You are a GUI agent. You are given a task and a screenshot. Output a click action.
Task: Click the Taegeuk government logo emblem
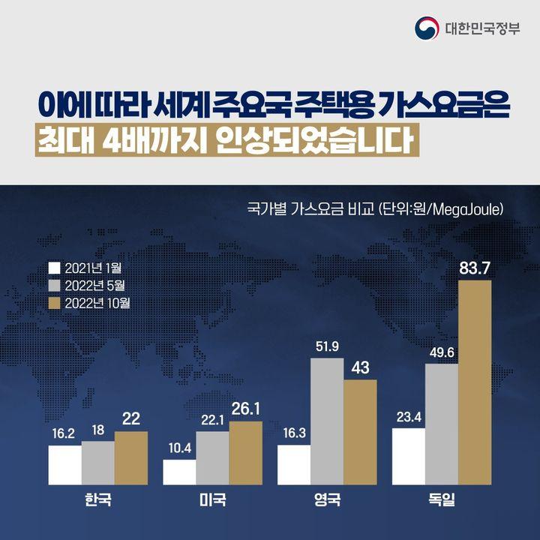tap(427, 29)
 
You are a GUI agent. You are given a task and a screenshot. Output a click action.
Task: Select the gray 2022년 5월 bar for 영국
tap(327, 421)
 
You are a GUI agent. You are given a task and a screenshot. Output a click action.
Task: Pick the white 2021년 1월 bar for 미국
tap(179, 472)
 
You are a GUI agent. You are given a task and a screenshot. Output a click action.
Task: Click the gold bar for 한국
tap(131, 457)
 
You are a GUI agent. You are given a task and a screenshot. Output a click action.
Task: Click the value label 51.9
tap(327, 346)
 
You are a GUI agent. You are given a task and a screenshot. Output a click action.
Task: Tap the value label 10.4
tap(179, 448)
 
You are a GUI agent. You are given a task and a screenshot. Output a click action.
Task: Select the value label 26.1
tap(245, 409)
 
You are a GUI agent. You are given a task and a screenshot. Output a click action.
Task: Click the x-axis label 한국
tap(98, 499)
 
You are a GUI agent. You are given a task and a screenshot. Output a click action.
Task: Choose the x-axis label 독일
tap(441, 499)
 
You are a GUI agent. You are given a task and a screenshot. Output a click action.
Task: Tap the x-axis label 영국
tap(327, 499)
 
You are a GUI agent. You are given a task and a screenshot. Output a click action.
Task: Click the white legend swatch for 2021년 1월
tap(53, 268)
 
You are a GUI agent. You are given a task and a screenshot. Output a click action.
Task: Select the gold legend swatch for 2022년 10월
tap(53, 304)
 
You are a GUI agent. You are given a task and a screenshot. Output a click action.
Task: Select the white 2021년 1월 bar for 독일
tap(409, 456)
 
